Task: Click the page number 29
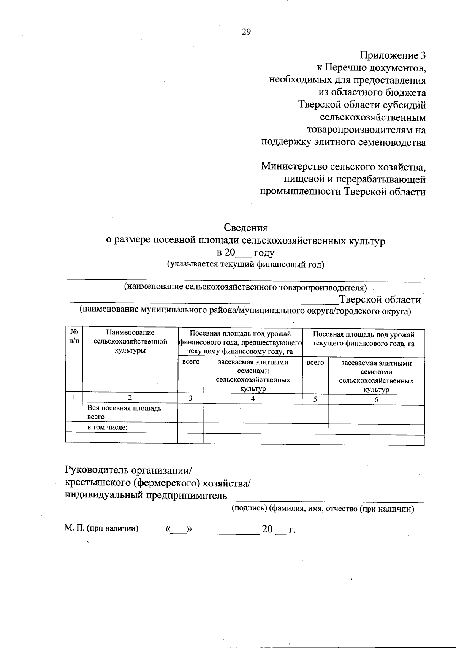246,32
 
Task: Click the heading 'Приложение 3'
393,55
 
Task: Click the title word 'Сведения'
245,228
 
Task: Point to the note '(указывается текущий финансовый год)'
245,265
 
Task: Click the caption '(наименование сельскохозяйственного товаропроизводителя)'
245,287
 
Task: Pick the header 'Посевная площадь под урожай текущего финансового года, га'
363,339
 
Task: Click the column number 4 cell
253,399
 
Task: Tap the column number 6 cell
376,399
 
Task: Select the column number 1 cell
74,398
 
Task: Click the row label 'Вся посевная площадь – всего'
127,413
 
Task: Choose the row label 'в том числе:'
108,428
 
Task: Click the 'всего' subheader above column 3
191,362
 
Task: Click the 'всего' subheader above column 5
315,363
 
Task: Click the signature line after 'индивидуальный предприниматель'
327,499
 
